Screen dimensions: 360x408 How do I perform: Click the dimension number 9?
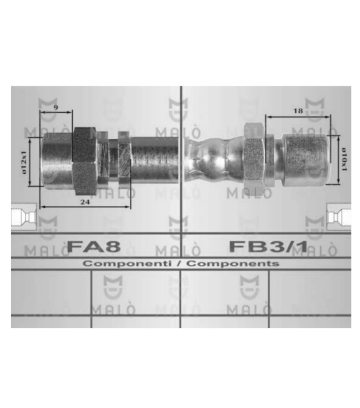tap(56, 107)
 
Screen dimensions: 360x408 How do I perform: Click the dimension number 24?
tap(85, 202)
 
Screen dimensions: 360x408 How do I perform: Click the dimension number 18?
tap(298, 111)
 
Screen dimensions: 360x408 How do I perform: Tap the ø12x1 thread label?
tap(24, 162)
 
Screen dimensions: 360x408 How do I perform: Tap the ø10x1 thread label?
tap(344, 159)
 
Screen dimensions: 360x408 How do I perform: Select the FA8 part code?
tap(94, 246)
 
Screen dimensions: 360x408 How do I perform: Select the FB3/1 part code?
tap(268, 246)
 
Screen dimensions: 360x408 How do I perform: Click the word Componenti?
tap(127, 264)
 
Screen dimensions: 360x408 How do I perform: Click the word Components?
tap(232, 264)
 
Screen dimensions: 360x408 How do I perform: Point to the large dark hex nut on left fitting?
tap(84, 161)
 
